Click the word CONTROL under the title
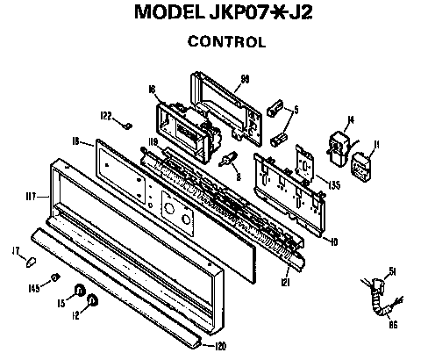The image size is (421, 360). (x=227, y=41)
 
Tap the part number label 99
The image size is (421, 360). (x=246, y=79)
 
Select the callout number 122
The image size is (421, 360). (x=105, y=115)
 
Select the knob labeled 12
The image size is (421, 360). (x=93, y=304)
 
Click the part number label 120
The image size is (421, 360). (x=220, y=346)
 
